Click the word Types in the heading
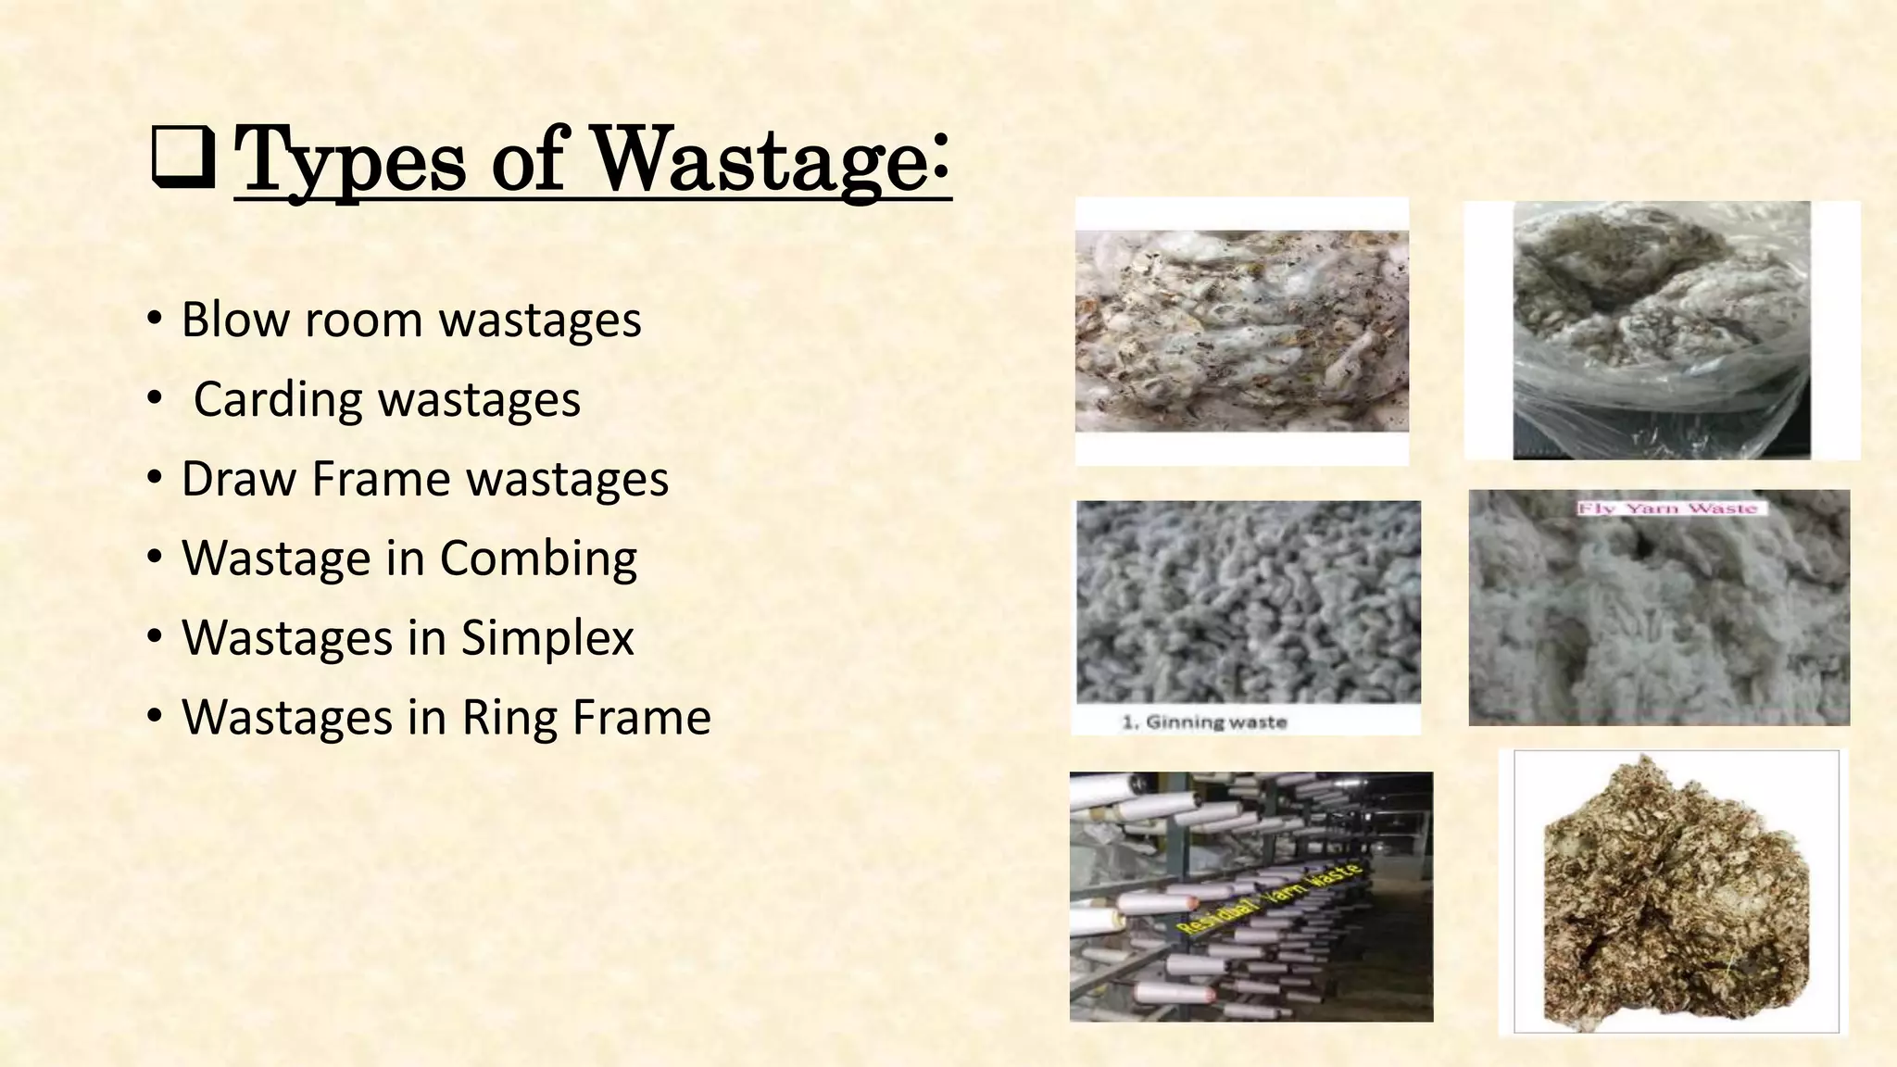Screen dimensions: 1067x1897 (350, 161)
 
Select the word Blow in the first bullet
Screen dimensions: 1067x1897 (235, 320)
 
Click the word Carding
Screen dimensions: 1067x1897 (278, 401)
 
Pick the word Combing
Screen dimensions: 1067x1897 (538, 559)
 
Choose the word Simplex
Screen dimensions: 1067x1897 (547, 639)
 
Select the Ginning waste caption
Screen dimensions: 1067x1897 (1204, 722)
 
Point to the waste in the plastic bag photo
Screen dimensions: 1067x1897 (1662, 315)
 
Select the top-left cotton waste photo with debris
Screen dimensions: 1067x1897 (1241, 331)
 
